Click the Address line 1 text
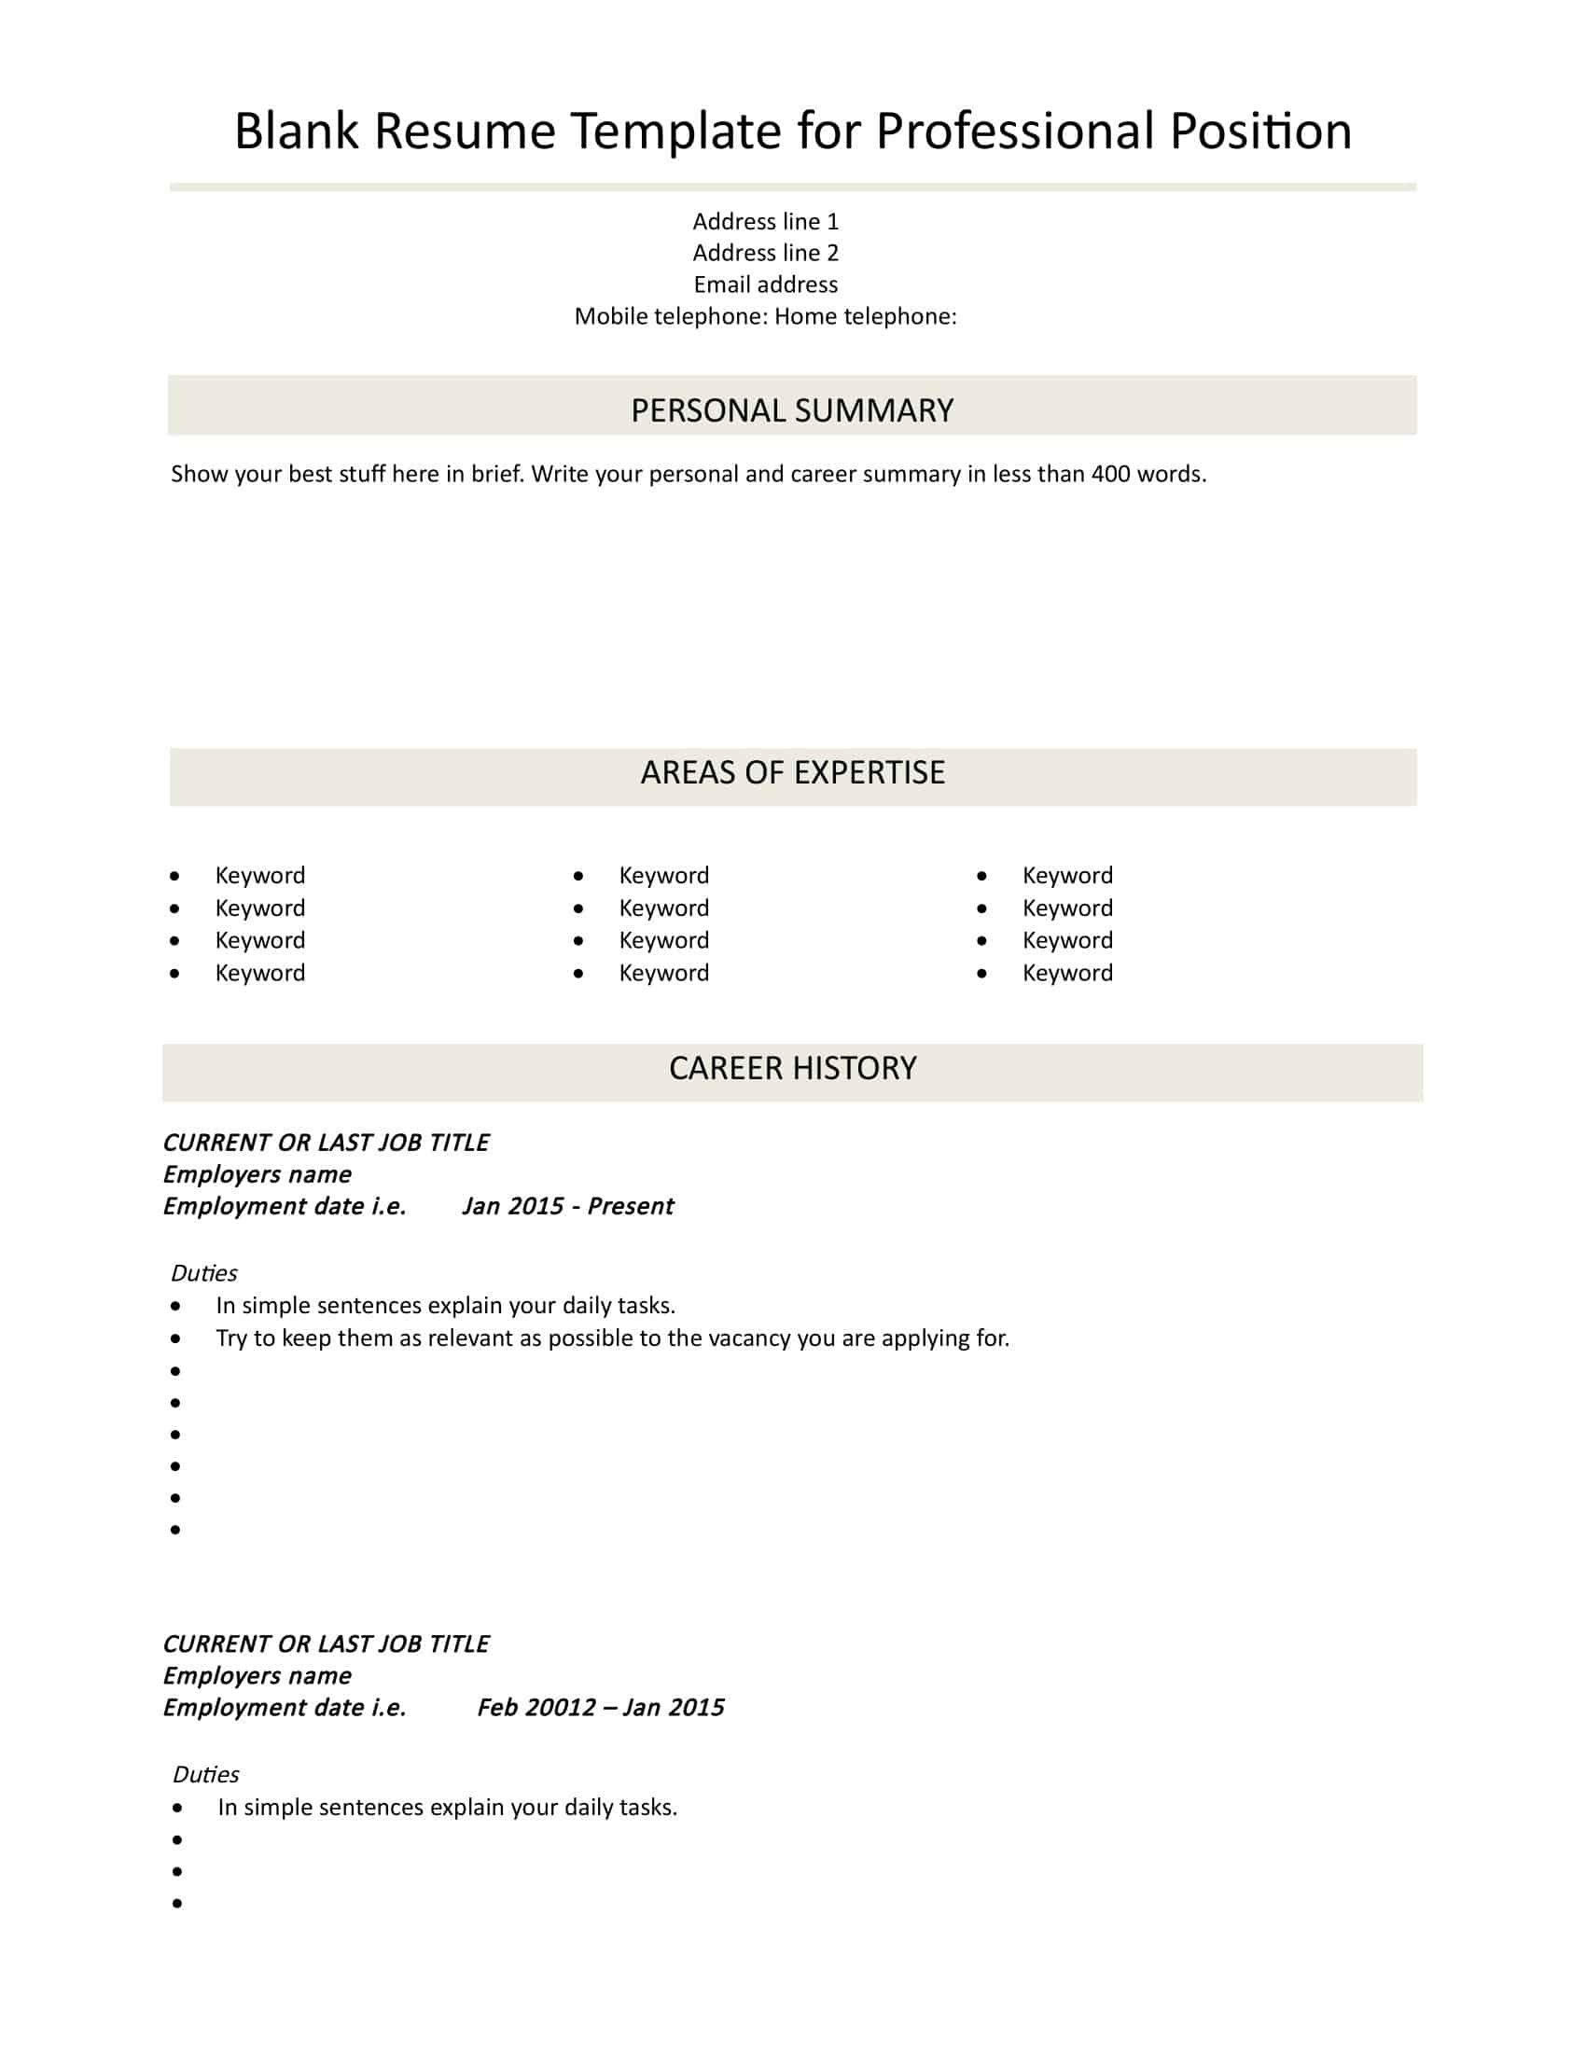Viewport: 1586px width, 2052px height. point(765,222)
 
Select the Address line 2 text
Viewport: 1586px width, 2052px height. point(765,253)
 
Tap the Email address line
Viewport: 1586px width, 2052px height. point(765,284)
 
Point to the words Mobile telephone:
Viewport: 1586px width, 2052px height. point(671,316)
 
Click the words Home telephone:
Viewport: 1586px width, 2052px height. point(866,316)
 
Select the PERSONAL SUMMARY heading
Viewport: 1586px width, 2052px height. point(792,410)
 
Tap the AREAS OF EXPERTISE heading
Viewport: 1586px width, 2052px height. point(792,772)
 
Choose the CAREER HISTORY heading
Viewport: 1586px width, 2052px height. point(792,1068)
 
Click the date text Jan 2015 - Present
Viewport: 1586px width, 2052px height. point(567,1206)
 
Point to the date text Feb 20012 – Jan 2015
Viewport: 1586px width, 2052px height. point(601,1708)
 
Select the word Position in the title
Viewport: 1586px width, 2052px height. point(1260,132)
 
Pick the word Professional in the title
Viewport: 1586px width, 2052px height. point(1015,132)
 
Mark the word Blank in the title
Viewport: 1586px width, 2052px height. point(296,132)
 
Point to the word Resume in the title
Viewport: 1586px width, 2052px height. point(466,132)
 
